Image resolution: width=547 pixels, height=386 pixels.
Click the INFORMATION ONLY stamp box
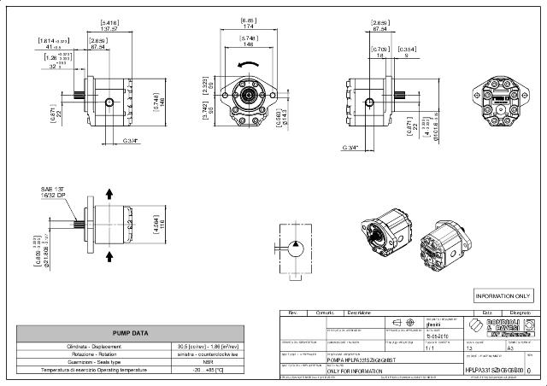[x=503, y=295]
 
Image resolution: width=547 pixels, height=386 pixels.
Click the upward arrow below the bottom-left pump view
[x=109, y=254]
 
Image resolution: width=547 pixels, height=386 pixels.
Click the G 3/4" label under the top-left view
[x=132, y=140]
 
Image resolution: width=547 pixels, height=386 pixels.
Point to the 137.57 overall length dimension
[x=109, y=27]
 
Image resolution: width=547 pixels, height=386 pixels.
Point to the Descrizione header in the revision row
[x=358, y=313]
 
